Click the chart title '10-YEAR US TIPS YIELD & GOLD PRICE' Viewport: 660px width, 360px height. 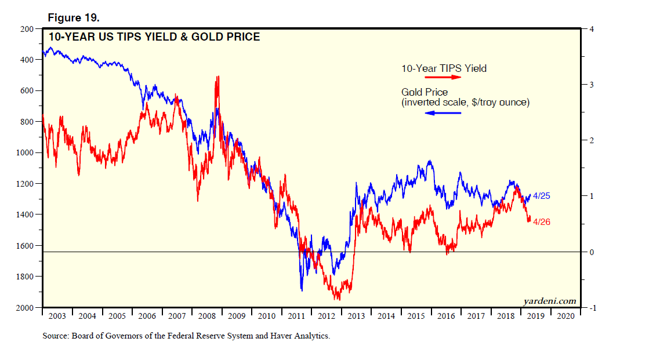pos(154,37)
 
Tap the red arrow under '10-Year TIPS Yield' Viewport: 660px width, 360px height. pos(443,77)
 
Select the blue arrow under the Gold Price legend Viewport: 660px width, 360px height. pos(443,112)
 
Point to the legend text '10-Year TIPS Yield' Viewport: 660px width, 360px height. pos(444,68)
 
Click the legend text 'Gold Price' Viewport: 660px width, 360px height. pos(425,92)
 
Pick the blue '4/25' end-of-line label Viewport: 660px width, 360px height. pos(541,196)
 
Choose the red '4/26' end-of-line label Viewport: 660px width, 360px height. pos(541,221)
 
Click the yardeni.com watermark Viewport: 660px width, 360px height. pos(550,301)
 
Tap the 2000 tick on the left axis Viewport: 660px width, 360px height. pos(26,307)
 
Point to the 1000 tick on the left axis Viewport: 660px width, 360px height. pos(26,152)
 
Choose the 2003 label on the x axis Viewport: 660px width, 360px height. pos(57,317)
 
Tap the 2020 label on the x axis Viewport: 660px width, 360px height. pos(565,317)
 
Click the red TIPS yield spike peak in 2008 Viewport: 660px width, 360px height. pos(217,77)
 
